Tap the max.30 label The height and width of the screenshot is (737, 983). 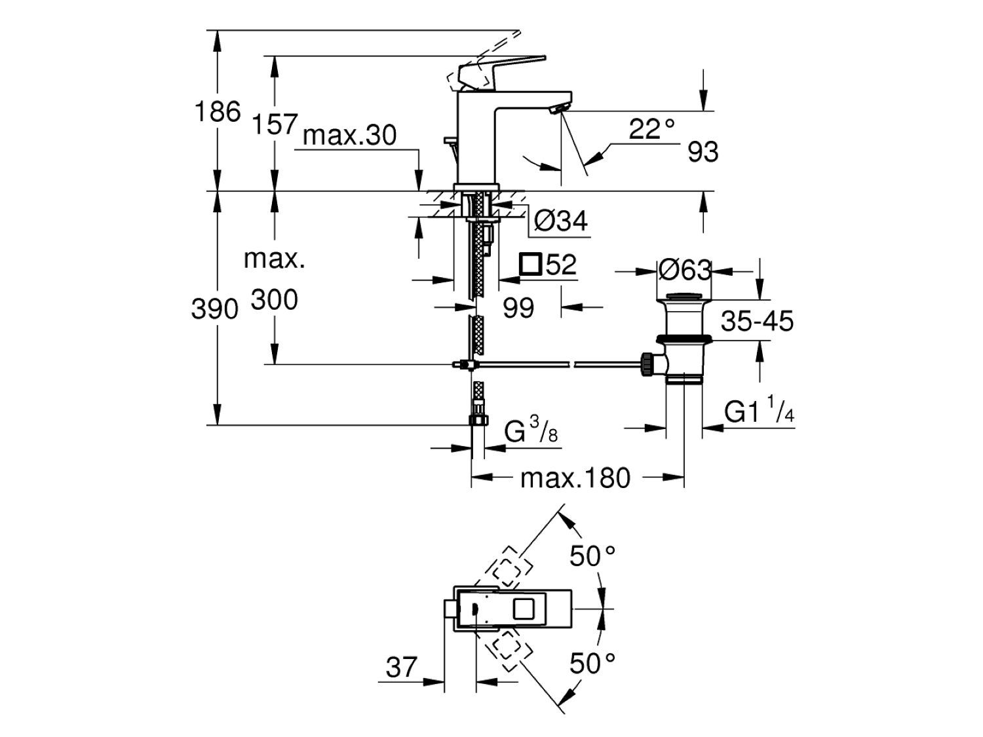point(350,136)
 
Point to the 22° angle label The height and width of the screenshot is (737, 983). point(651,129)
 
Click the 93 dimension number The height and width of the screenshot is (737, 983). point(703,153)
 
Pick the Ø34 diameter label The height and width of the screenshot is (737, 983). point(560,221)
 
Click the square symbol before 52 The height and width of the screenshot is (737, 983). point(530,265)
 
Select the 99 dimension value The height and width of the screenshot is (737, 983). point(518,308)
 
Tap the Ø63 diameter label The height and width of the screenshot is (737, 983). point(684,270)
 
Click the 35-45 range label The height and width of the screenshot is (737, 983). point(757,322)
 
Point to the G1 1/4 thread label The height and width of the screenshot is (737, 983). point(760,413)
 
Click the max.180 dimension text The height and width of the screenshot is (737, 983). point(575,478)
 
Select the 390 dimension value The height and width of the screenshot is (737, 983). point(214,309)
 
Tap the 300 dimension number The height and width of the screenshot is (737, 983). point(274,300)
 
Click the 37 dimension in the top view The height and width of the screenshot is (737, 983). point(401,668)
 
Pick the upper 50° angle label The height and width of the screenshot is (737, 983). point(592,557)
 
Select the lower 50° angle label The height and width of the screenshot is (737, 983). point(592,664)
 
